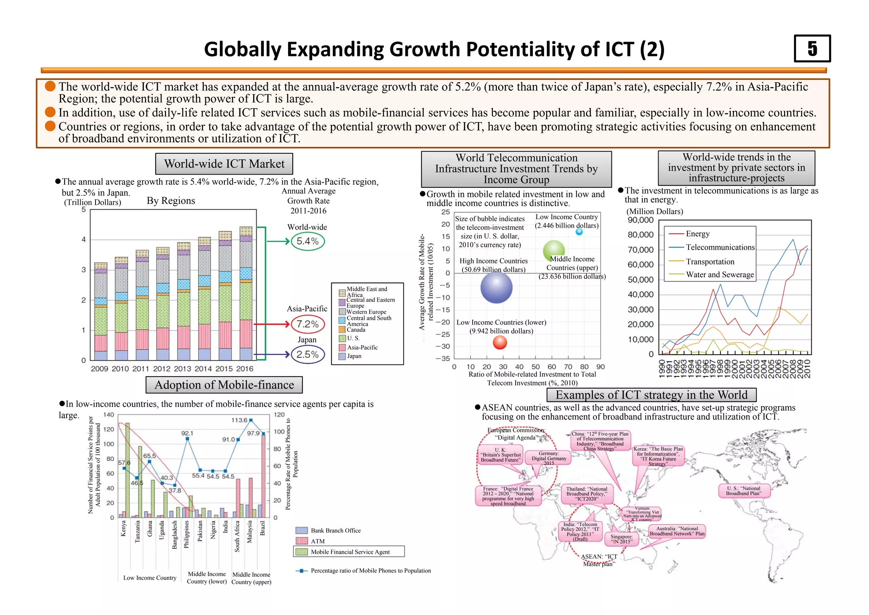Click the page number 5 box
(812, 49)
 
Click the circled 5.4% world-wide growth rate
(308, 241)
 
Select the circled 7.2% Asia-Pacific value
(308, 324)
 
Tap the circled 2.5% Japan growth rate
(308, 355)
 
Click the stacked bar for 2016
(246, 293)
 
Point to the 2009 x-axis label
(99, 369)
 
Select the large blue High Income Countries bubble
(496, 287)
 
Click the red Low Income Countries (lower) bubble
(500, 342)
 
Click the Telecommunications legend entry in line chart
(720, 247)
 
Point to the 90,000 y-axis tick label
(640, 220)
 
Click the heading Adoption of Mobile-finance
(224, 385)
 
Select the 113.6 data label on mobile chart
(239, 420)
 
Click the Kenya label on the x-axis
(123, 528)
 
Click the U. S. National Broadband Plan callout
(743, 491)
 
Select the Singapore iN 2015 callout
(621, 539)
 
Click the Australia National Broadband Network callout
(677, 531)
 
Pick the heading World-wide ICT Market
(224, 164)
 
